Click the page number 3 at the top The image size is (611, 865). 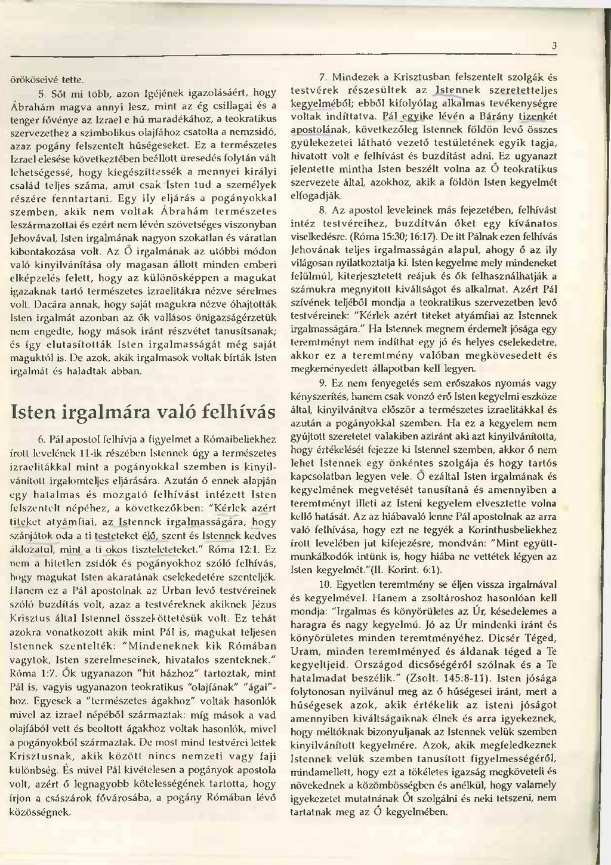[554, 46]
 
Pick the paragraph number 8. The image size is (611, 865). [322, 210]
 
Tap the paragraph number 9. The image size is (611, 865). [322, 382]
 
